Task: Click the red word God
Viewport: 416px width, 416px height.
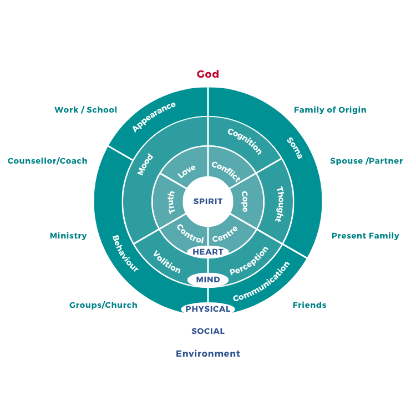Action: [x=208, y=74]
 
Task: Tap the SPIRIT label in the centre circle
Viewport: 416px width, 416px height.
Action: [x=208, y=201]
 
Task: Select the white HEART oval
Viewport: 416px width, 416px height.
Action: [x=208, y=252]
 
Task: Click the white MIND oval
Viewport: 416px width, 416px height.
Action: [x=208, y=280]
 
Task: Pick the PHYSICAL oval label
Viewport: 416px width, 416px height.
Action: [x=208, y=309]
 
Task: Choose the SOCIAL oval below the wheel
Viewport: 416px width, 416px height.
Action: [x=208, y=331]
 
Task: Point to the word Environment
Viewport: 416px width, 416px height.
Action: [x=208, y=353]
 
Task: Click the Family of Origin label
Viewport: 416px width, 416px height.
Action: [x=330, y=110]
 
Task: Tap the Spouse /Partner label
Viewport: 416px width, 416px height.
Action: [x=367, y=161]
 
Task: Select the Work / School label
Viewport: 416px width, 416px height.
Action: [x=86, y=110]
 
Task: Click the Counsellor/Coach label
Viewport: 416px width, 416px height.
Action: [x=48, y=161]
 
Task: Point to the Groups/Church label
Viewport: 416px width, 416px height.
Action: [x=103, y=305]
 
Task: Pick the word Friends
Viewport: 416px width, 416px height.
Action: [x=310, y=305]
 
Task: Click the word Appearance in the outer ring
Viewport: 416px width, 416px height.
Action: [x=154, y=116]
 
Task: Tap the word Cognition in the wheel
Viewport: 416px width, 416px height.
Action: [x=245, y=141]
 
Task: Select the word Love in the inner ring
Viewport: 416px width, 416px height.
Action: [x=186, y=172]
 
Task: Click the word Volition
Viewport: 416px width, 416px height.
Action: [x=166, y=262]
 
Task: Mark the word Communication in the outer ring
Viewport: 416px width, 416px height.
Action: [x=261, y=282]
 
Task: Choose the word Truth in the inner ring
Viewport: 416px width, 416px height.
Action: [x=171, y=202]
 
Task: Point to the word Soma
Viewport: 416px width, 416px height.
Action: [x=295, y=148]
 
